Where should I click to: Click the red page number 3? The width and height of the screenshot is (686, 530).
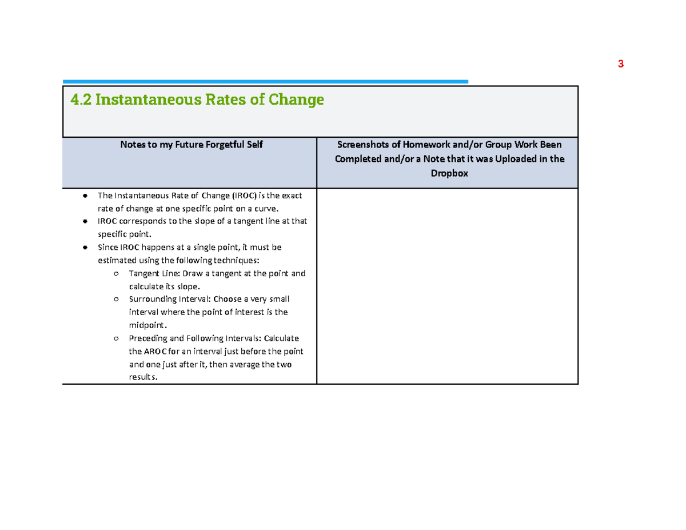coord(620,64)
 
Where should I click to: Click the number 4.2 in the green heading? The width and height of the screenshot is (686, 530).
coord(81,99)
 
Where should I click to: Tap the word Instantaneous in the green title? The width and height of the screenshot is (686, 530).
coord(149,99)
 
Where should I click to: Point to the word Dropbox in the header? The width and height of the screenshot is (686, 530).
coord(449,173)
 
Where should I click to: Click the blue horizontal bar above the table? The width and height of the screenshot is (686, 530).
coord(265,82)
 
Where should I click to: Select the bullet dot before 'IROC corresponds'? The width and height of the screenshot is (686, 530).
coord(85,221)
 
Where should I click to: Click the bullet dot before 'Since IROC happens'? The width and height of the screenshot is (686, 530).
coord(85,248)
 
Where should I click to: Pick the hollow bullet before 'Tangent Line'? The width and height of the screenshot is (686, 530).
coord(116,274)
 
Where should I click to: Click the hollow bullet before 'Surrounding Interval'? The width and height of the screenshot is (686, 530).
coord(116,299)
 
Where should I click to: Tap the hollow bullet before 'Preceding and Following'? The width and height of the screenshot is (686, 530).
coord(116,338)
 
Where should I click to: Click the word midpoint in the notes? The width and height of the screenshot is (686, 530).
coord(147,325)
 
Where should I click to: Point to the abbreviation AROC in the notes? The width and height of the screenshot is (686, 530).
coord(155,352)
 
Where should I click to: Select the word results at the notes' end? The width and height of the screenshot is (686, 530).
coord(142,377)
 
